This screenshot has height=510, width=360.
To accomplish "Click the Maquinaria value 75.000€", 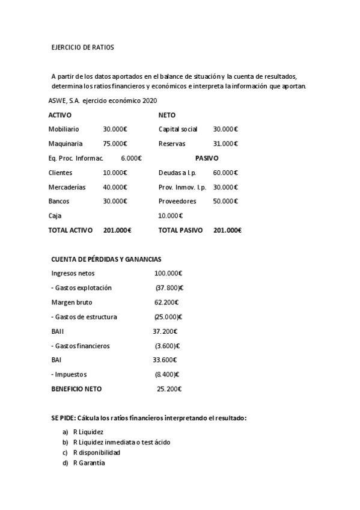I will coord(115,144).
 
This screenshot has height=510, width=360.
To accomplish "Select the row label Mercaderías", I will coord(67,187).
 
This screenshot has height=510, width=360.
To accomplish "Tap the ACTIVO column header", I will coord(60,115).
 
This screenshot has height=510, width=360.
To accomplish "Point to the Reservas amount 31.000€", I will coord(225,144).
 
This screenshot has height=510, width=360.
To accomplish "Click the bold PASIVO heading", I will coord(207,158).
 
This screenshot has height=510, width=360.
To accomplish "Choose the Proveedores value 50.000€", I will coord(225,201).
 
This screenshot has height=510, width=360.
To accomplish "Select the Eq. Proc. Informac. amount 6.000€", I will coord(131,158).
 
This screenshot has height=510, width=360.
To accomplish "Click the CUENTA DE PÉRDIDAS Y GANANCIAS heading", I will coord(106,259).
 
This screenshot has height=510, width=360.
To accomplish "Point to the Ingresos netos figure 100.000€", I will coord(168,274).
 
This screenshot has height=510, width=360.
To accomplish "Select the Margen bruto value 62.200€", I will coord(166,303).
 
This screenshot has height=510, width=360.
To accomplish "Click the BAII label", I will coord(58,331).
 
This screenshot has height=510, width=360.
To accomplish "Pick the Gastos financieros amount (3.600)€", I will coord(168,346).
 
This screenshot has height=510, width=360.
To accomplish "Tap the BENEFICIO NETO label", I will coord(76,389).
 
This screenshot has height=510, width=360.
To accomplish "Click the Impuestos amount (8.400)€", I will coord(168,375).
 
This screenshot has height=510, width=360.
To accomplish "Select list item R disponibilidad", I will coord(96,452).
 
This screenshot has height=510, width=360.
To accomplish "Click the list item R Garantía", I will coord(88,462).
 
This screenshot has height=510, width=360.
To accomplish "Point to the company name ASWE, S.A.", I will coord(67,100).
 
